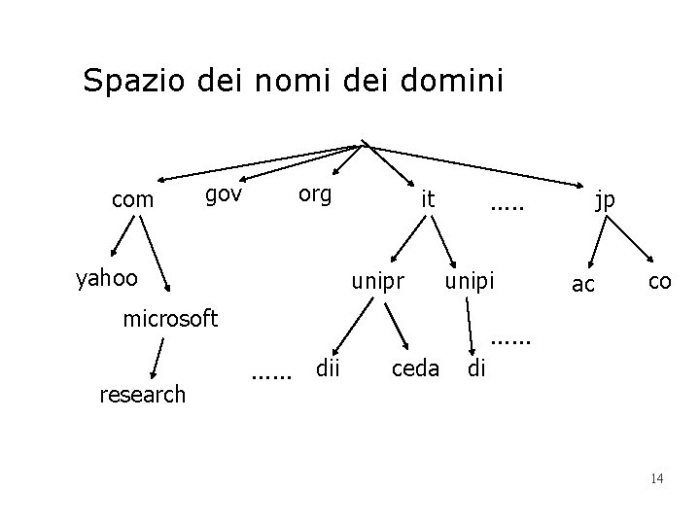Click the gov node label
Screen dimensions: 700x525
(x=224, y=194)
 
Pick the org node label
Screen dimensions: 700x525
(x=314, y=193)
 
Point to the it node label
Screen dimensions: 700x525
(x=426, y=199)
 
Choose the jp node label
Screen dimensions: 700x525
(x=605, y=200)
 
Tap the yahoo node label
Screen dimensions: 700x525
(x=107, y=279)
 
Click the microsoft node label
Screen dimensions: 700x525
(x=170, y=318)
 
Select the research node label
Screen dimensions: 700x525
(x=143, y=394)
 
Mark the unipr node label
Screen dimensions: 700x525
(x=377, y=282)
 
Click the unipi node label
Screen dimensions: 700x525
(x=470, y=282)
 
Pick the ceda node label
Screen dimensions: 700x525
(x=415, y=368)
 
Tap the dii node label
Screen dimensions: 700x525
(x=327, y=367)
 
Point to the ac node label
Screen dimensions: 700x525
(x=583, y=284)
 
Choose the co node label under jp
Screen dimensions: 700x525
(x=659, y=281)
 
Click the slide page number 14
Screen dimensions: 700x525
(x=656, y=478)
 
